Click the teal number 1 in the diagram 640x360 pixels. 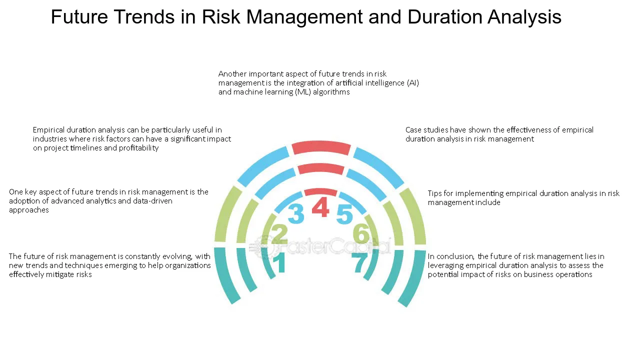coord(279,262)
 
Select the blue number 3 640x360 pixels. coord(296,213)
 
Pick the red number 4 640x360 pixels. coord(320,207)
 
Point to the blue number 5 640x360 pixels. coord(344,214)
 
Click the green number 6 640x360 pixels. coord(361,233)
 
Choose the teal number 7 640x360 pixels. coord(359,263)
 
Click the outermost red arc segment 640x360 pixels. coord(321,147)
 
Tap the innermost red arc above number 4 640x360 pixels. coord(320,191)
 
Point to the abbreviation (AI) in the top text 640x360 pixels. coord(413,83)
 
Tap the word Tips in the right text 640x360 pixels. coord(434,193)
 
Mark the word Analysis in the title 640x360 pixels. coord(524,16)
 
